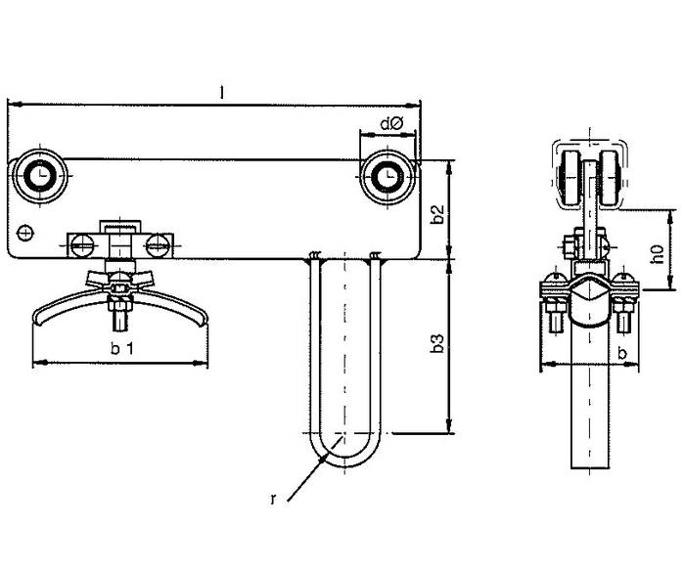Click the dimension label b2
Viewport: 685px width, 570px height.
[x=437, y=214]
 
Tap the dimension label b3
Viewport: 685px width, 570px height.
[x=437, y=343]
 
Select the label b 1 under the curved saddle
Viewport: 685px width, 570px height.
[x=122, y=348]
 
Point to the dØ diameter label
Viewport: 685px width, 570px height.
[x=391, y=124]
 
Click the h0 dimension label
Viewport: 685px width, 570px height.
[x=657, y=254]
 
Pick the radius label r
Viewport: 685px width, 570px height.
[x=273, y=500]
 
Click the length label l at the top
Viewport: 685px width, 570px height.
[x=222, y=92]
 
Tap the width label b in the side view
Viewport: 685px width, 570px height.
[x=623, y=353]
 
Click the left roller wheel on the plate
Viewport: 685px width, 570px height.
[x=40, y=176]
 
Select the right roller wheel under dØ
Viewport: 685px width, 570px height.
[x=388, y=176]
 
